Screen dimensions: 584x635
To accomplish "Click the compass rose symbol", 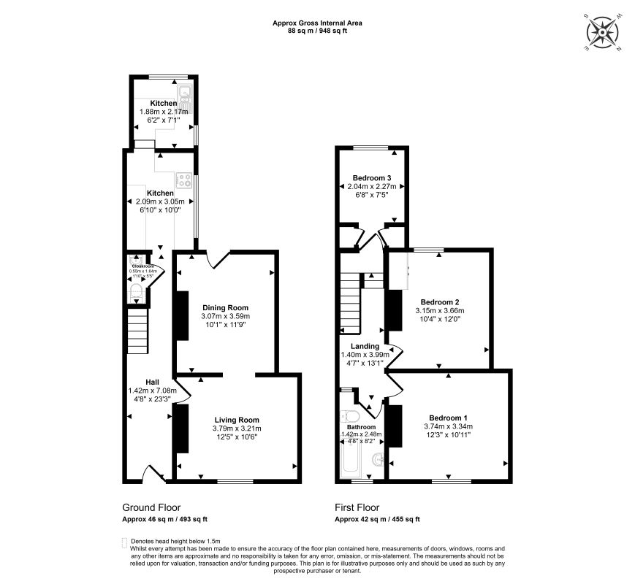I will pyautogui.click(x=604, y=33).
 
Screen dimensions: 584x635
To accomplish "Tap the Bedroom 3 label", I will pyautogui.click(x=372, y=178).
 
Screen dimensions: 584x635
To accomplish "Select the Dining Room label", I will pyautogui.click(x=226, y=307).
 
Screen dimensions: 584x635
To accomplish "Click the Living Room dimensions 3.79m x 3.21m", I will pyautogui.click(x=236, y=429).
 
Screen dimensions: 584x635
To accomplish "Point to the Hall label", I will pyautogui.click(x=152, y=382).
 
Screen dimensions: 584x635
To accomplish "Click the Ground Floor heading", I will pyautogui.click(x=151, y=507).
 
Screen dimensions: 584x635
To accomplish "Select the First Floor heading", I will pyautogui.click(x=357, y=507).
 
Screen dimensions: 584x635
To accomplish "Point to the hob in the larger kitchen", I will pyautogui.click(x=183, y=180).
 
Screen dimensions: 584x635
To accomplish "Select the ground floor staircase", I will pyautogui.click(x=137, y=330).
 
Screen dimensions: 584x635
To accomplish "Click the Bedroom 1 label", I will pyautogui.click(x=449, y=418).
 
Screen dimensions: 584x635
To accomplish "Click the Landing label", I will pyautogui.click(x=365, y=346).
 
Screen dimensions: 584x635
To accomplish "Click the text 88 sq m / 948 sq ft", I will pyautogui.click(x=317, y=31).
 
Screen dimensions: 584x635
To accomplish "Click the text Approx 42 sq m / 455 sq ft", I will pyautogui.click(x=377, y=519).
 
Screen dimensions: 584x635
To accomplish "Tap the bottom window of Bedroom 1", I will pyautogui.click(x=450, y=480).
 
